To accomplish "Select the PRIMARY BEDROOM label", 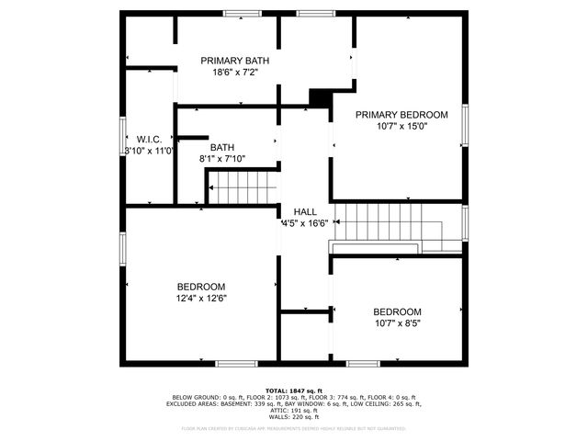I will pyautogui.click(x=401, y=115).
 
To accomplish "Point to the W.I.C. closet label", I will pyautogui.click(x=149, y=139).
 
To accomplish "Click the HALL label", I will pyautogui.click(x=305, y=211).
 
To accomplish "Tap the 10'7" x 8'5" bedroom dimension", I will pyautogui.click(x=397, y=322).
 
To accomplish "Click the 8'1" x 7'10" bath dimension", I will pyautogui.click(x=222, y=159).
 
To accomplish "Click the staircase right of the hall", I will pyautogui.click(x=398, y=225).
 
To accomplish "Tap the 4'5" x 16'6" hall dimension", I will pyautogui.click(x=305, y=222).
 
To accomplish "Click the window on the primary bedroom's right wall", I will pyautogui.click(x=466, y=127).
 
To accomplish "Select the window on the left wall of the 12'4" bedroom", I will pyautogui.click(x=122, y=248).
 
